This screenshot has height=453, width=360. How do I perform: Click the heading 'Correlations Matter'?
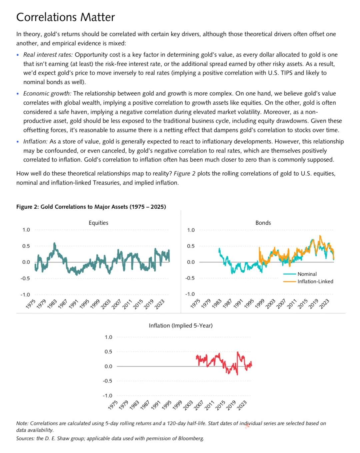click(66, 17)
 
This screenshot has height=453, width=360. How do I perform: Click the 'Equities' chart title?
click(98, 223)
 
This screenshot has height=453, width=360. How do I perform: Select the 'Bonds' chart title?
click(263, 223)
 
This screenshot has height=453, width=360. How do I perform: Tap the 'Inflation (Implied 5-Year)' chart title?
click(181, 326)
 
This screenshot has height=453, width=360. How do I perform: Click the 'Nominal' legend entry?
click(307, 274)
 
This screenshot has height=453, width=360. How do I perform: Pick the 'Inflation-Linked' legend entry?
click(315, 281)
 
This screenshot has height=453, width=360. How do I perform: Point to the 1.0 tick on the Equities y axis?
click(26, 230)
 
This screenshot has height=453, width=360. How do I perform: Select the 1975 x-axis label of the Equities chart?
click(31, 304)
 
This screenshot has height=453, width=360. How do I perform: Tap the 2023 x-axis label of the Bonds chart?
click(324, 304)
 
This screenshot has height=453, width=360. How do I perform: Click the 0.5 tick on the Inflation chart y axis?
click(108, 352)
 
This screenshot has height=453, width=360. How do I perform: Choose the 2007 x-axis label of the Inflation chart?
click(199, 405)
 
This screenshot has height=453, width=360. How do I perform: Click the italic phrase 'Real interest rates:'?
click(48, 55)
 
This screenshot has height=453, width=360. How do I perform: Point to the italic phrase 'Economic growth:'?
click(47, 94)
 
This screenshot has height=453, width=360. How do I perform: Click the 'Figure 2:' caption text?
click(28, 207)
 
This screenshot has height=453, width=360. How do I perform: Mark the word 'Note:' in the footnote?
click(22, 423)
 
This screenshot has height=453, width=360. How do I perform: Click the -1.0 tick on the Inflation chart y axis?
click(107, 396)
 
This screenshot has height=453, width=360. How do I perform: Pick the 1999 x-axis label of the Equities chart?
click(95, 304)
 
